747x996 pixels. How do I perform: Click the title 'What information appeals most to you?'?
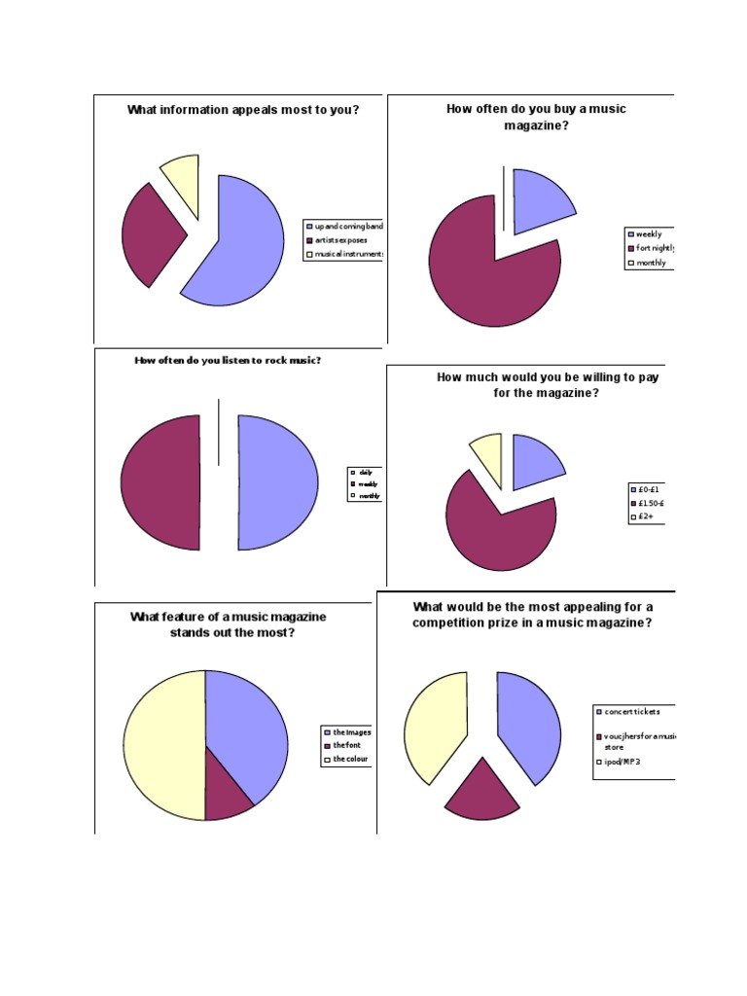243,110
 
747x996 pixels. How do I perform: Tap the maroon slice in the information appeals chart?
151,233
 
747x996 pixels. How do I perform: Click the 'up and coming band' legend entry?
345,226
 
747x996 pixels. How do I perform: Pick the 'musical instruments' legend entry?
345,255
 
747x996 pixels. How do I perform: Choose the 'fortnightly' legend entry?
652,248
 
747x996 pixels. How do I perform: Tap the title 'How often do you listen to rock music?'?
228,361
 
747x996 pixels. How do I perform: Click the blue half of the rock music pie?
277,482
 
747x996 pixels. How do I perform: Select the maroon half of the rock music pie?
160,482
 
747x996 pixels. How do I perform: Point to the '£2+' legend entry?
646,517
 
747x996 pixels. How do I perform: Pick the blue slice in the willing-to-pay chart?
534,457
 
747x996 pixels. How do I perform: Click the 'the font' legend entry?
345,745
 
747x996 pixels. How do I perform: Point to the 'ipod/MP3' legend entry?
622,763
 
